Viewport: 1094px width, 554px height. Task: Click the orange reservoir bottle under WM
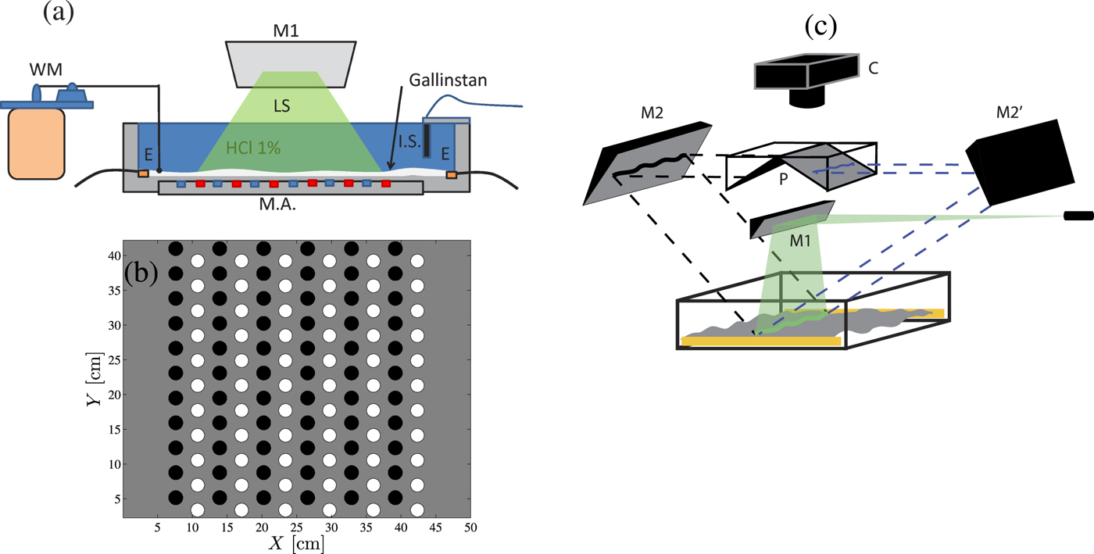(35, 141)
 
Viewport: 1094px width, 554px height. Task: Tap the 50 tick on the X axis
(468, 529)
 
